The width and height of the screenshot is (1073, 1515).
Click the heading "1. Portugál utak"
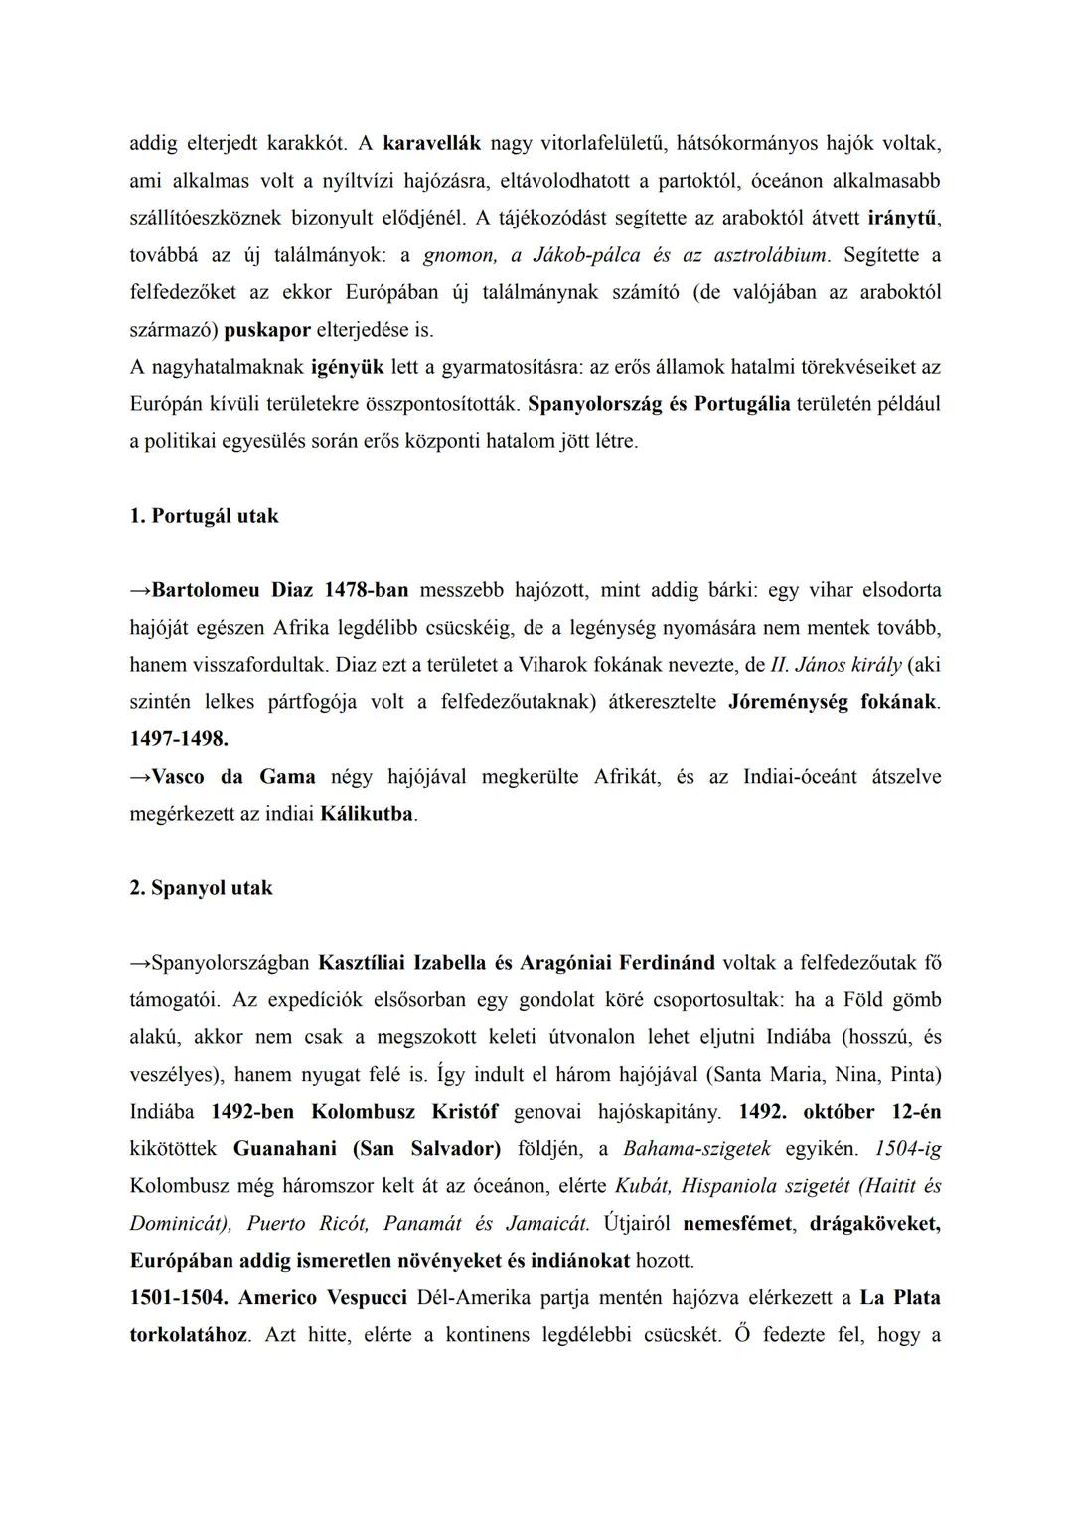204,516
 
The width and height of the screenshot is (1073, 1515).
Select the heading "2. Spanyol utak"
201,888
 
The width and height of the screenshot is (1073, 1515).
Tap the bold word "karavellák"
431,143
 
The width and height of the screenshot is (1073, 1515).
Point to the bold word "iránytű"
903,218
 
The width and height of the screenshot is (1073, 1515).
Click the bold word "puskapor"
267,330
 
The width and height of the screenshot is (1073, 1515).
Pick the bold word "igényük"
347,367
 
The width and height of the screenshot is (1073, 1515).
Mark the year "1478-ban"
366,590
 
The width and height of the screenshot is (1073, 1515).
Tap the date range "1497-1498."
179,739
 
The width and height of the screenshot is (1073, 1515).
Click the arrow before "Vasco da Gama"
140,777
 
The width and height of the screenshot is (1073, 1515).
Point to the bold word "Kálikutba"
367,814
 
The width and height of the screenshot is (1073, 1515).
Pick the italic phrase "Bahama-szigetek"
696,1149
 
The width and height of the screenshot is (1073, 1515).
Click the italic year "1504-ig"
907,1149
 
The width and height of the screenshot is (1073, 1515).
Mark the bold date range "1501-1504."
179,1298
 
